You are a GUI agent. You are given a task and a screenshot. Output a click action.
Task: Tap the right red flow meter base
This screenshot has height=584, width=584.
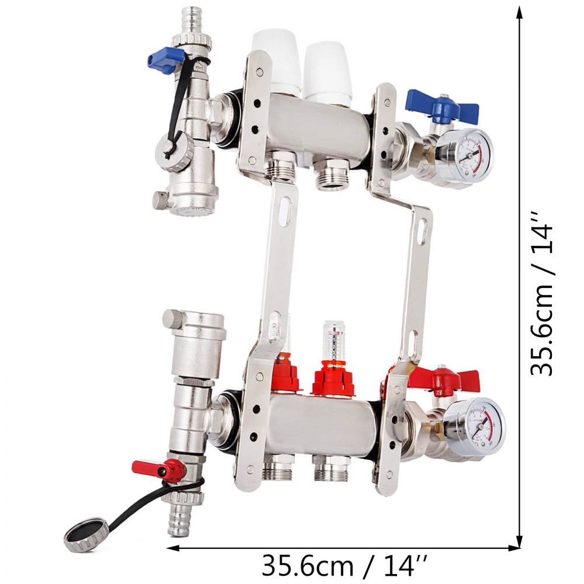pos(333,379)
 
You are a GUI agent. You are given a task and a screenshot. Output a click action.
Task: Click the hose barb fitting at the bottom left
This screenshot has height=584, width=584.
pos(179,520)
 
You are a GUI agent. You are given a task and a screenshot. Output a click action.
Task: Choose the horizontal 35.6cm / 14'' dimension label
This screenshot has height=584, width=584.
pos(344,565)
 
